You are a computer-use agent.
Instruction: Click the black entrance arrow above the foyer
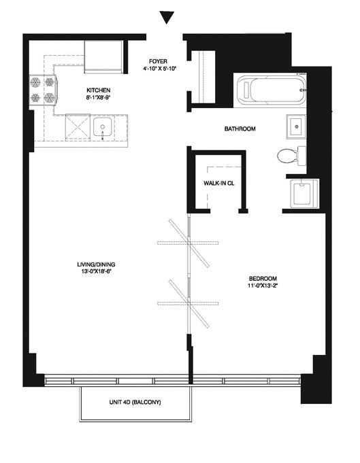pyautogui.click(x=167, y=17)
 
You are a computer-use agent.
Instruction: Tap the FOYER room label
pyautogui.click(x=158, y=61)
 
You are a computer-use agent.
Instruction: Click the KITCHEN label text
pyautogui.click(x=99, y=90)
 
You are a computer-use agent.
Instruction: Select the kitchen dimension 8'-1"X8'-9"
pyautogui.click(x=99, y=97)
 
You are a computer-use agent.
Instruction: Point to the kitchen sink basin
pyautogui.click(x=102, y=127)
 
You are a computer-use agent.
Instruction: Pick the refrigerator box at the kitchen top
pyautogui.click(x=103, y=56)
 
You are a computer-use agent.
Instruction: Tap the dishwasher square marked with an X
pyautogui.click(x=78, y=126)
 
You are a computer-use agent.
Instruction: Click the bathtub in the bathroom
pyautogui.click(x=270, y=90)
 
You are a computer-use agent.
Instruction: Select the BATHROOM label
pyautogui.click(x=240, y=128)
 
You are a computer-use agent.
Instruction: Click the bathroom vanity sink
pyautogui.click(x=296, y=126)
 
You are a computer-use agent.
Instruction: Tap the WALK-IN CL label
pyautogui.click(x=218, y=183)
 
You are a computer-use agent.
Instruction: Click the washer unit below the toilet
pyautogui.click(x=304, y=193)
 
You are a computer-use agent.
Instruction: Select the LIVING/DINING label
pyautogui.click(x=96, y=264)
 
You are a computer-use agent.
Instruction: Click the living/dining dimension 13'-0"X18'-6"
pyautogui.click(x=96, y=271)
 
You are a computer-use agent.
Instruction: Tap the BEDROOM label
pyautogui.click(x=263, y=279)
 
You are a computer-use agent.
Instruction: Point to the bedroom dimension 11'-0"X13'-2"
pyautogui.click(x=263, y=286)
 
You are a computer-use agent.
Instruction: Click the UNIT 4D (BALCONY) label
pyautogui.click(x=135, y=402)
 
